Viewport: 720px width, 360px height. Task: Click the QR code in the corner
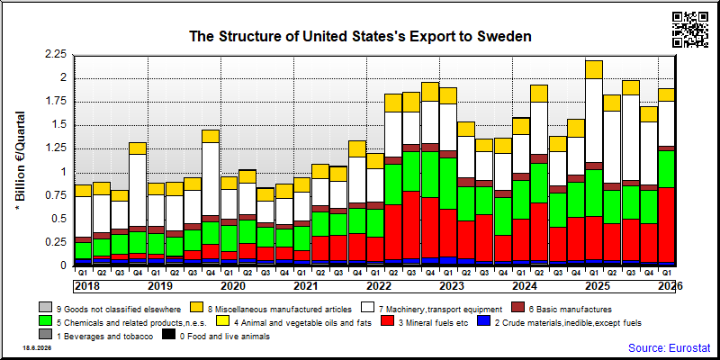(x=690, y=30)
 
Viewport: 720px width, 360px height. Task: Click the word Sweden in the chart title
(x=504, y=36)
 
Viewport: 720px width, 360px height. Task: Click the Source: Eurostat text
(x=669, y=347)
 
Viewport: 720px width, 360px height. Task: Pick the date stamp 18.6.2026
(x=37, y=348)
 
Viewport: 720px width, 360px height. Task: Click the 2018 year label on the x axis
(x=86, y=286)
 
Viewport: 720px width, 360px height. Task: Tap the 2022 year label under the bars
(x=379, y=286)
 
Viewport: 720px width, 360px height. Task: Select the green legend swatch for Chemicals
(x=46, y=322)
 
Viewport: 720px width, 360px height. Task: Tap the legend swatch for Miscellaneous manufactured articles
(x=196, y=309)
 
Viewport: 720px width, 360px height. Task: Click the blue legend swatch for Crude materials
(x=484, y=322)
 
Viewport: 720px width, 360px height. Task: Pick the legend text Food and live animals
(x=224, y=337)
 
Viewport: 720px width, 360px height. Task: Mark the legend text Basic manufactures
(x=568, y=309)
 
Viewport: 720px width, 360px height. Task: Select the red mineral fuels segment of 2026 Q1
(x=666, y=225)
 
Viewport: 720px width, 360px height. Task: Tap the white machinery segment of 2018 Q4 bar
(x=138, y=190)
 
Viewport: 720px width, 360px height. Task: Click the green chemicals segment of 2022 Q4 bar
(x=430, y=175)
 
